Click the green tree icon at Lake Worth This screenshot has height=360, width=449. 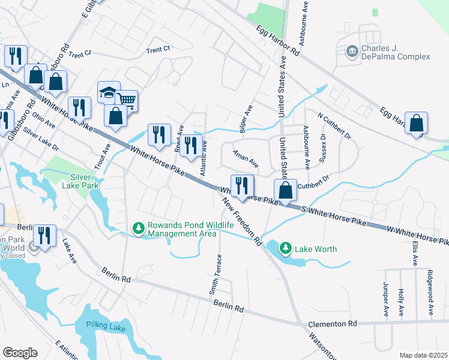coord(286,248)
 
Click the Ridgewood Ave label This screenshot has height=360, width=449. coord(430,293)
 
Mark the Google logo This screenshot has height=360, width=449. coord(20,353)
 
